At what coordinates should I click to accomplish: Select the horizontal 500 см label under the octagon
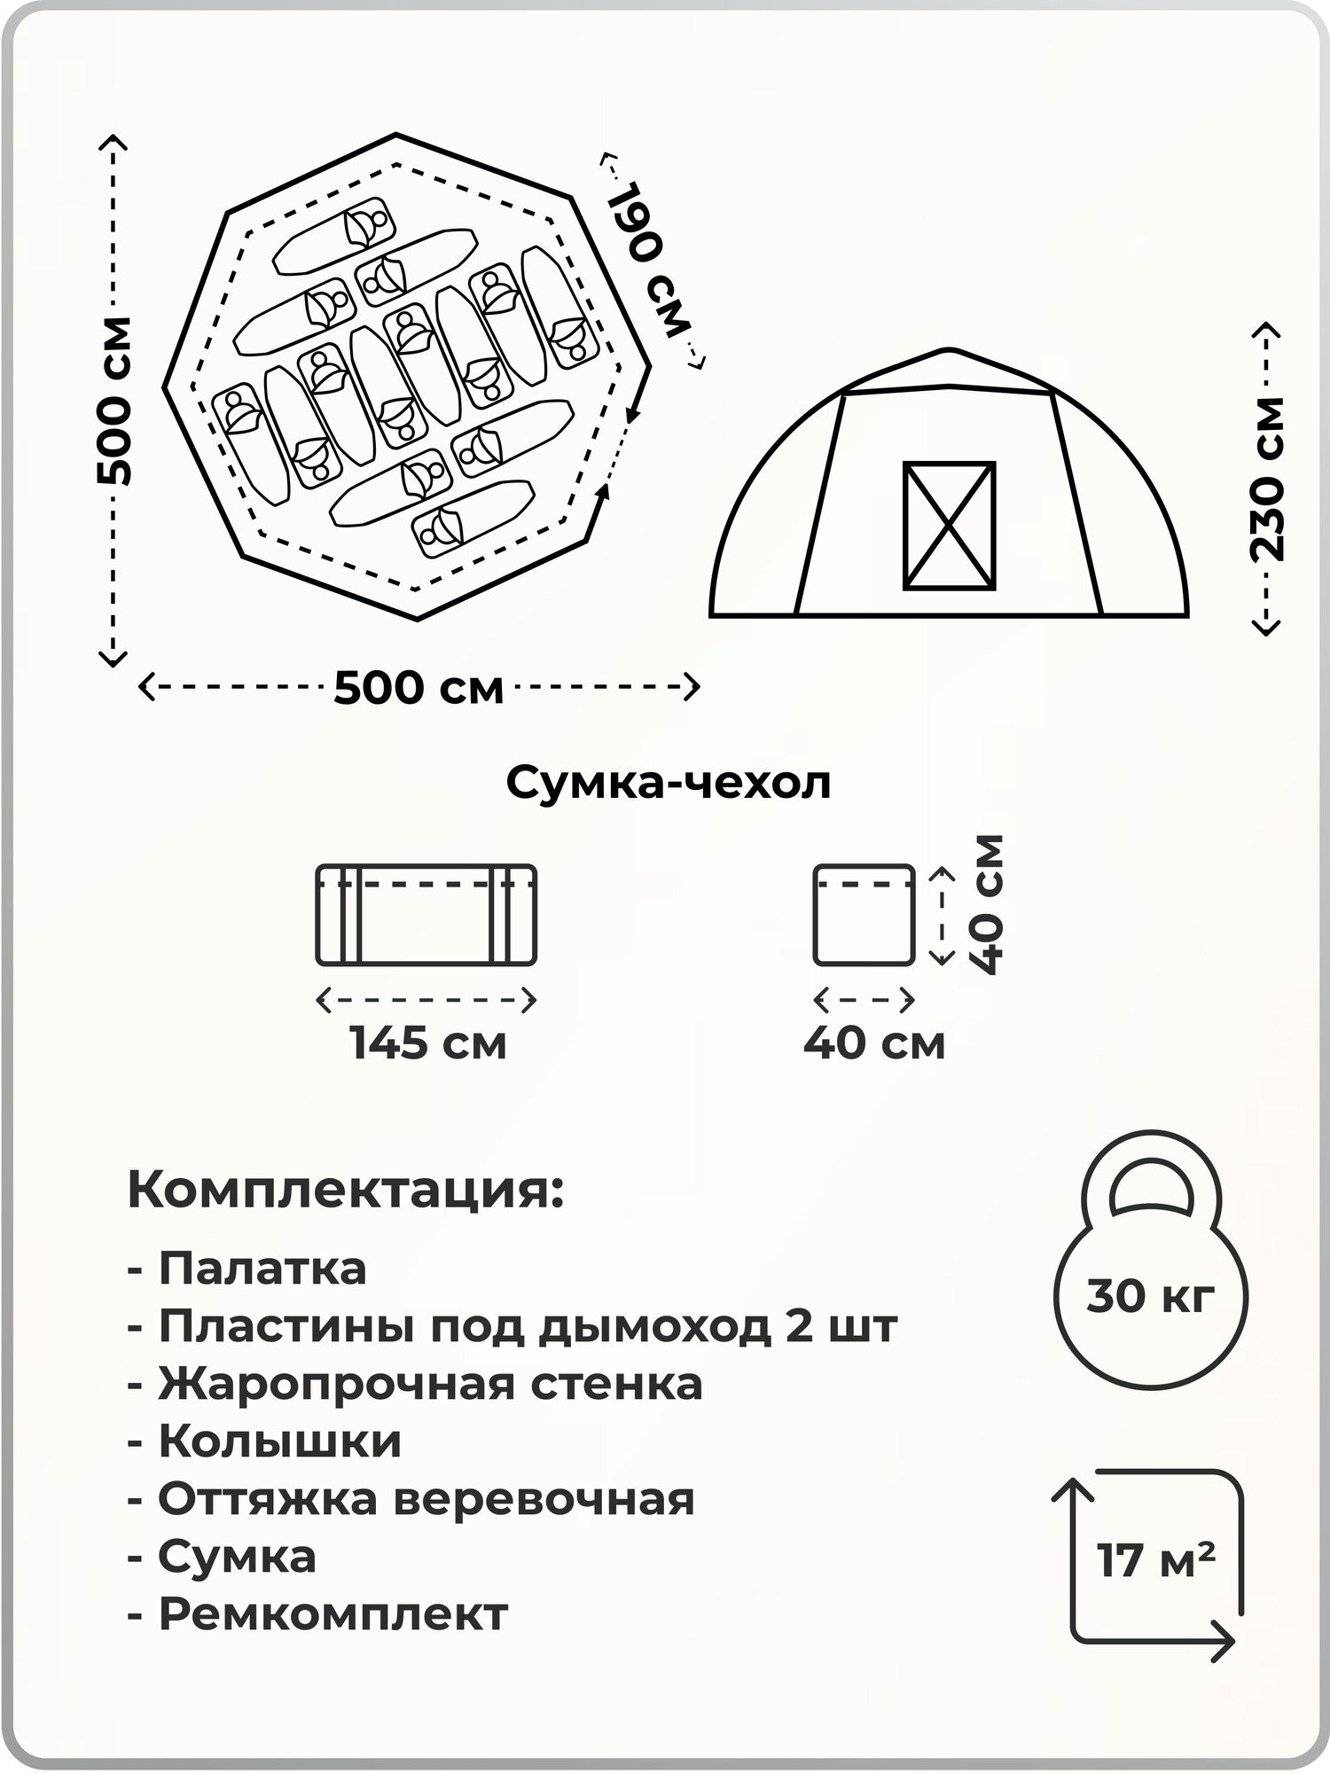(419, 688)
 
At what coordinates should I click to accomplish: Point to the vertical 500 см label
(115, 401)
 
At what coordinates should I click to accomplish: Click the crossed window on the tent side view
(949, 525)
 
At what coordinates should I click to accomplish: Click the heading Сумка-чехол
(669, 784)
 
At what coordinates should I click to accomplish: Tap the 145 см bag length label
(428, 1043)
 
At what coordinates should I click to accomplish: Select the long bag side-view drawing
(426, 914)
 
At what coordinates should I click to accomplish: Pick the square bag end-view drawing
(864, 914)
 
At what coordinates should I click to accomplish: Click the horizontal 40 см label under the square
(874, 1043)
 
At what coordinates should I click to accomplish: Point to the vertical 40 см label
(986, 904)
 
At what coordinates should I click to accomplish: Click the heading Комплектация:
(346, 1191)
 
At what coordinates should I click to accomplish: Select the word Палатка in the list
(262, 1269)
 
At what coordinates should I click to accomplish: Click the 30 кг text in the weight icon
(1150, 1297)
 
